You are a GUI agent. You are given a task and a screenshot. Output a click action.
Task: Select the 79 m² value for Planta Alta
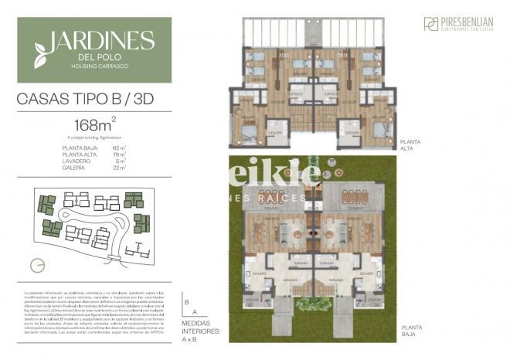(x=118, y=153)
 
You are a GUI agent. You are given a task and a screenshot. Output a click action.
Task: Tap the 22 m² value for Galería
(x=118, y=167)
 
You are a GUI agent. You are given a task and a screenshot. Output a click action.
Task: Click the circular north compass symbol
(x=36, y=265)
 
